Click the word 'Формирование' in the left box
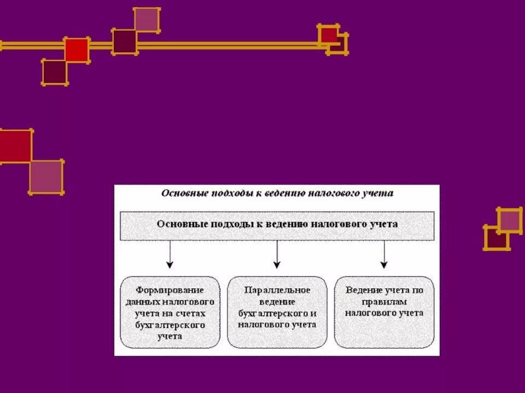pyautogui.click(x=170, y=289)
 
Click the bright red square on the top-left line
pyautogui.click(x=77, y=50)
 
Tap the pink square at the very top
pyautogui.click(x=147, y=20)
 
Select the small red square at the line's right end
pyautogui.click(x=329, y=35)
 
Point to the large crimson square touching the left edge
pyautogui.click(x=15, y=146)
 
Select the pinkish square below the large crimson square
pyautogui.click(x=46, y=177)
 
